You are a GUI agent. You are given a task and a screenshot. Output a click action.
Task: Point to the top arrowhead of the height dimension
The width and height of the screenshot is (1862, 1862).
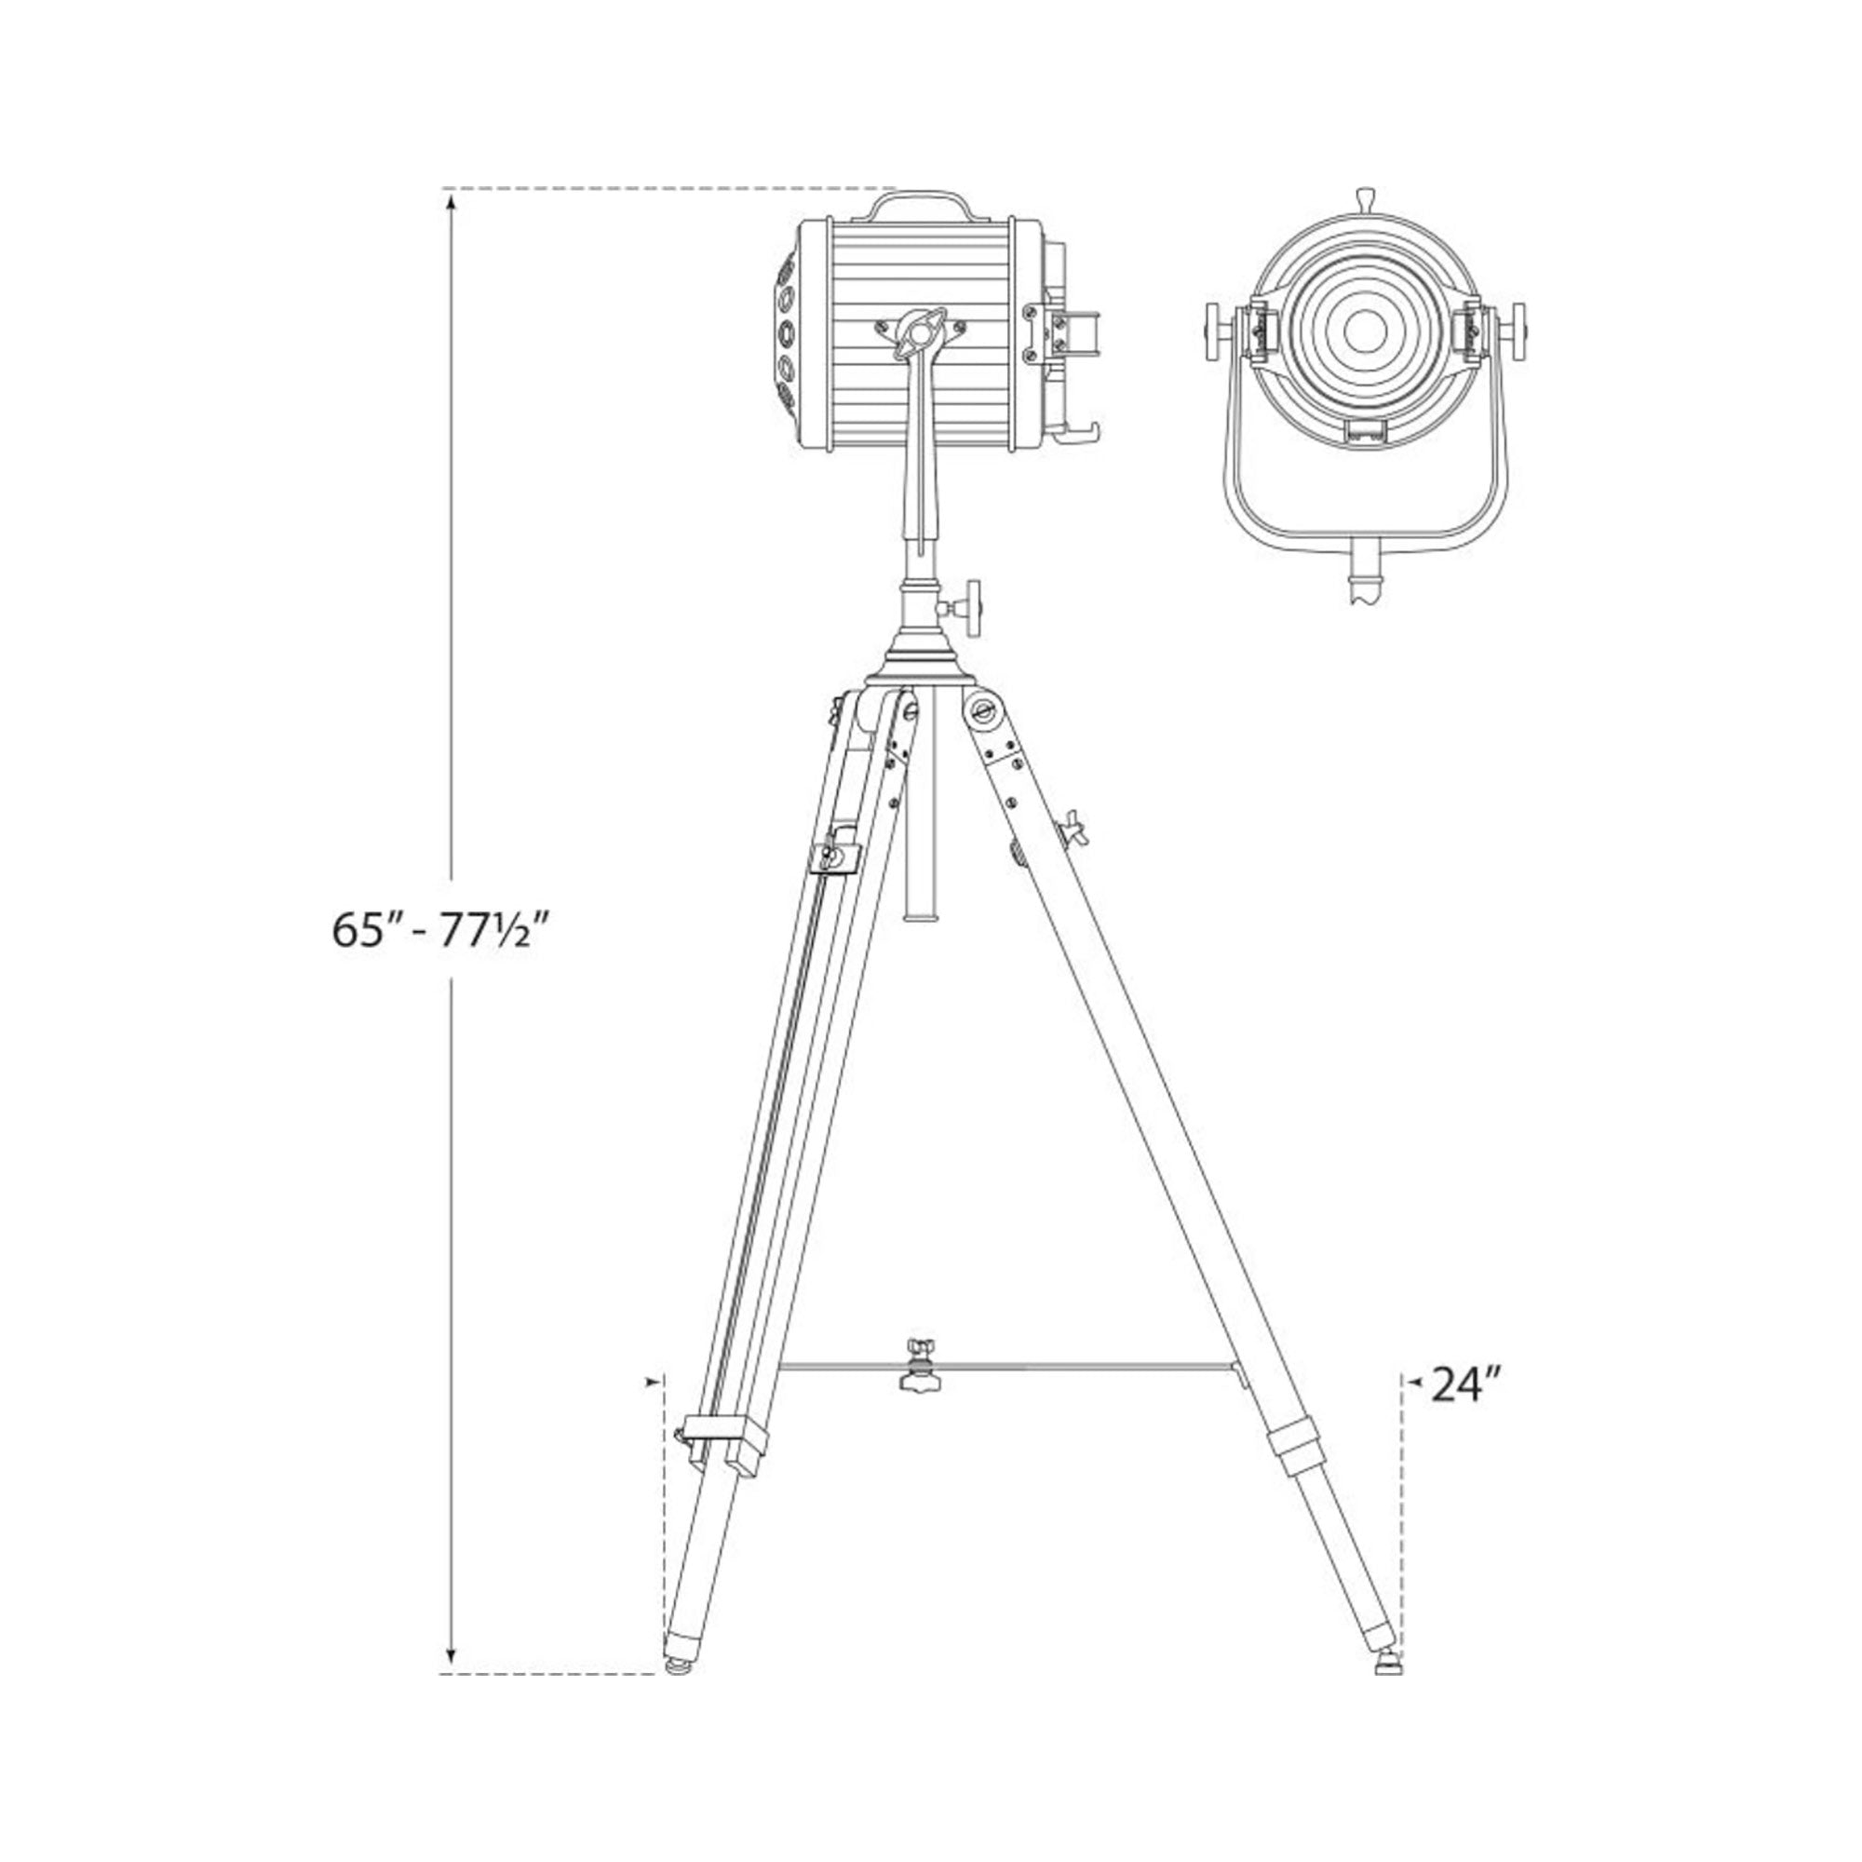pos(450,201)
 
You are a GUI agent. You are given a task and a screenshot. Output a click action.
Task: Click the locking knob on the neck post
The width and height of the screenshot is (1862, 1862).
pos(965,607)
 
